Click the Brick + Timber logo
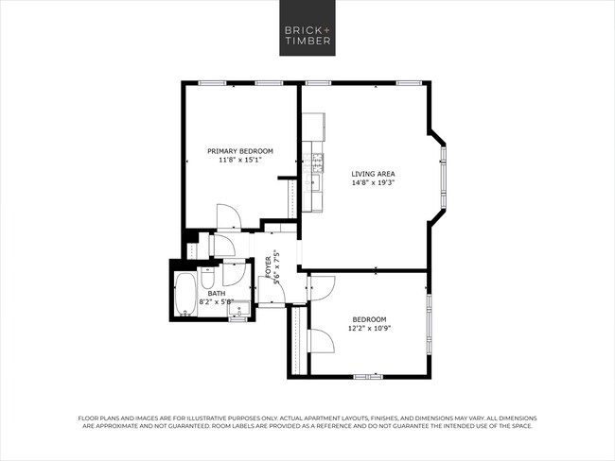[x=307, y=35]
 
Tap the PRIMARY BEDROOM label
[x=240, y=151]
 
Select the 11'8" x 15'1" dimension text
[x=240, y=161]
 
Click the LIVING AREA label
[x=373, y=174]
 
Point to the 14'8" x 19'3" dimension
[x=373, y=183]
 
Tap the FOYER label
[x=269, y=262]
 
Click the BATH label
[x=217, y=294]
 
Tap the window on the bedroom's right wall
[x=428, y=322]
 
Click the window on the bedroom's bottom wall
[x=368, y=377]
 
